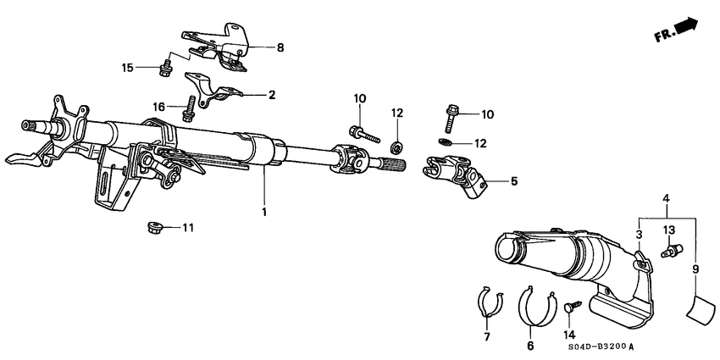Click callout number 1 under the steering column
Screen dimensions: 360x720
264,211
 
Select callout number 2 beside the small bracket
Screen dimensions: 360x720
272,95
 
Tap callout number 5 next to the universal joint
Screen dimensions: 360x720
512,180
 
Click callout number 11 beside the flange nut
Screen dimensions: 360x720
187,228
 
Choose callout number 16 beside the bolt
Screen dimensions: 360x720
159,108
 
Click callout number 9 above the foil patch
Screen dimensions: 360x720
695,269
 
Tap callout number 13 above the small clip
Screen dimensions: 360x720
667,230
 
